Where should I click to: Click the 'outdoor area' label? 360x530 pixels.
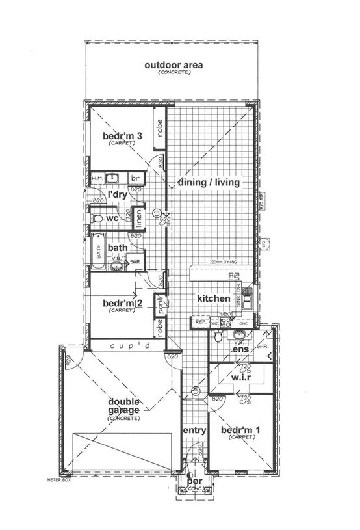tap(174, 65)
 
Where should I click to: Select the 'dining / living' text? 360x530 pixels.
tap(209, 183)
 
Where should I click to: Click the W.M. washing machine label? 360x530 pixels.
tap(97, 178)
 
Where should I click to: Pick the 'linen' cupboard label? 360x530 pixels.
tap(137, 216)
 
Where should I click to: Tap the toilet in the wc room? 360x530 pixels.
tap(98, 218)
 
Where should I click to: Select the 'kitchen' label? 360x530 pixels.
tap(214, 298)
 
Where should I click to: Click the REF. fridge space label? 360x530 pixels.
tap(200, 321)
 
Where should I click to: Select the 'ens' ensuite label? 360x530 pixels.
tap(238, 350)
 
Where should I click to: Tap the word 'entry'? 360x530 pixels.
tap(194, 431)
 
